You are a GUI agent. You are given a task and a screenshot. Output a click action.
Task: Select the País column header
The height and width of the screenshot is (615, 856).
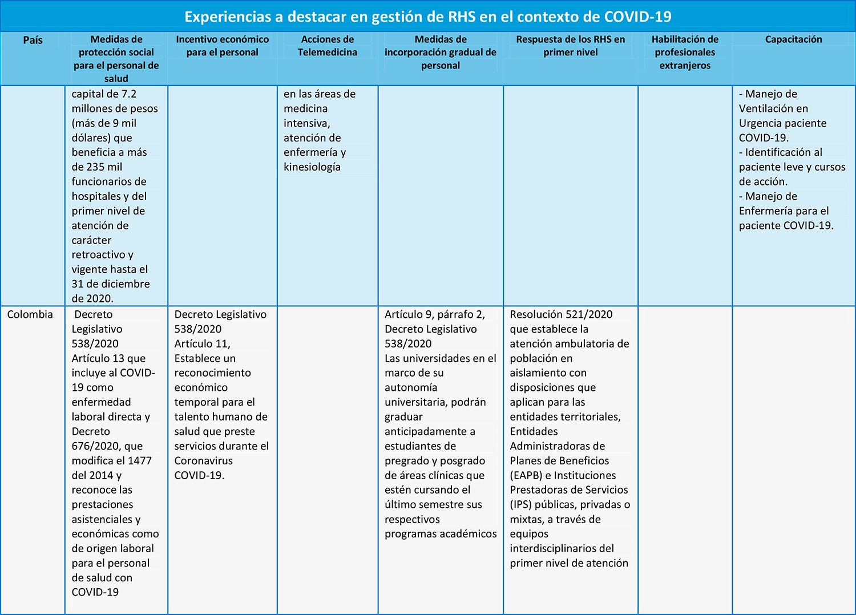(33, 40)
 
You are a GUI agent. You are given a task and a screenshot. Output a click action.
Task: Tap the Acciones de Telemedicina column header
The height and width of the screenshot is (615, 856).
(328, 46)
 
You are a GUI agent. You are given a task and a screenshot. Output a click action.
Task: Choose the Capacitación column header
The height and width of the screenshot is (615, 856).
(793, 39)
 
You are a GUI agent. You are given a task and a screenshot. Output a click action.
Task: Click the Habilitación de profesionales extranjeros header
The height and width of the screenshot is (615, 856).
(685, 52)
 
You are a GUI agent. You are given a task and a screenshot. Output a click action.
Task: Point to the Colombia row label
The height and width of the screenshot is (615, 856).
(30, 314)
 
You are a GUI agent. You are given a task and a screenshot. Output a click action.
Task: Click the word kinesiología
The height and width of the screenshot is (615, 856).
(312, 167)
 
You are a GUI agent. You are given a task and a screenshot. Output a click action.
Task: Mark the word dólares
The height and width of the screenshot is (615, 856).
(92, 138)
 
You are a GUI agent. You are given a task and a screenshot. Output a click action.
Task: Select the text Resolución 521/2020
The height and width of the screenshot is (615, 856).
(561, 314)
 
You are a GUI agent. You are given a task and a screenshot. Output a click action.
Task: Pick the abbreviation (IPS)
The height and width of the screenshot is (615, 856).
(520, 504)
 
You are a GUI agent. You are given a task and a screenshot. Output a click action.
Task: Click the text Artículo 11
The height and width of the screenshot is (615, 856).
(202, 344)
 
